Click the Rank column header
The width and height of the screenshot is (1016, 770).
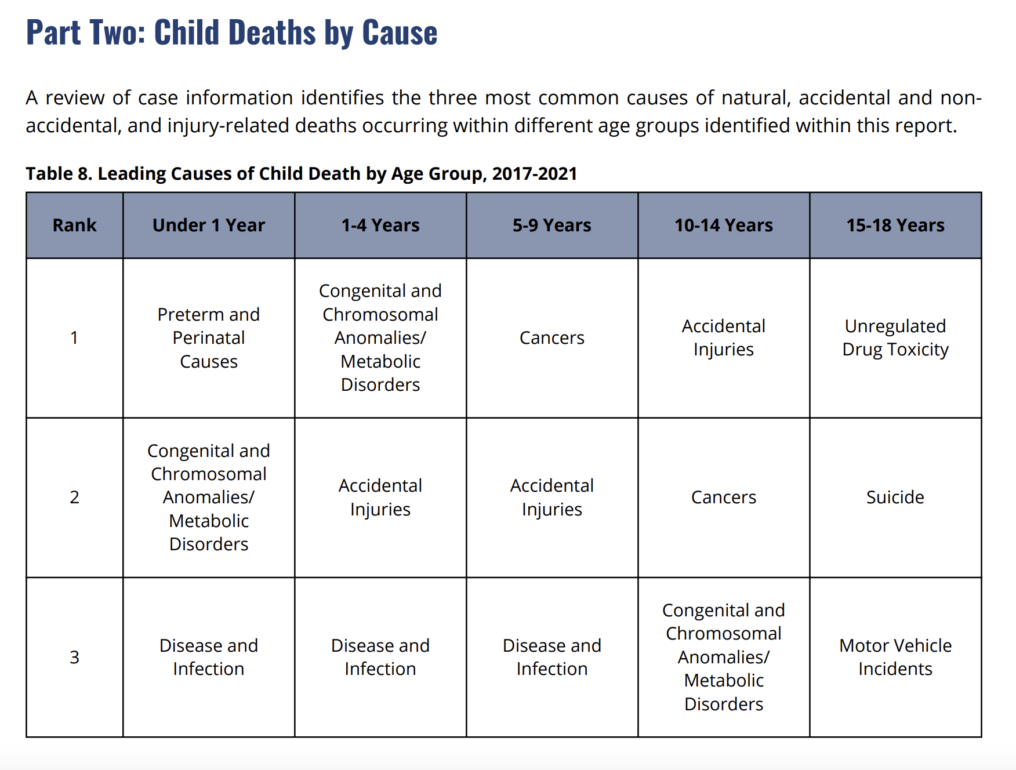click(74, 225)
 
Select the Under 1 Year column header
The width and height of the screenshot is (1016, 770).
click(209, 225)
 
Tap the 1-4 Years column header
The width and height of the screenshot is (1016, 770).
click(380, 225)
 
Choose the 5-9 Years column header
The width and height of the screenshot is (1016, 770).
click(552, 225)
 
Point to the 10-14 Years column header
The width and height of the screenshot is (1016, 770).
click(724, 225)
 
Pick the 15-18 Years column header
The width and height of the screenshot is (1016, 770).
click(895, 225)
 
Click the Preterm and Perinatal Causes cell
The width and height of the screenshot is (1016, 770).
click(209, 338)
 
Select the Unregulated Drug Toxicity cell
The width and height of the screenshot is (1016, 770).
click(895, 338)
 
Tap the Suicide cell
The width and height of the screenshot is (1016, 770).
click(895, 497)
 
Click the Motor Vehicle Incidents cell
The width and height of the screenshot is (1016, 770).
click(895, 657)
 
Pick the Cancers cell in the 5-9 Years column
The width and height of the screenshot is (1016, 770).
click(552, 338)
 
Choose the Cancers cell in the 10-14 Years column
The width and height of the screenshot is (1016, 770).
click(724, 497)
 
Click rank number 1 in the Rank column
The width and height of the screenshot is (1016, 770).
click(74, 338)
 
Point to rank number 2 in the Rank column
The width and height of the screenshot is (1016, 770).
click(74, 497)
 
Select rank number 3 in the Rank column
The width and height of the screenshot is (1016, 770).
click(74, 657)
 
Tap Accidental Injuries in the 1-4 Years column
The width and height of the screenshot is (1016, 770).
click(380, 497)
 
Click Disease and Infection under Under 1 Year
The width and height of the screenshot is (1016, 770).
click(209, 657)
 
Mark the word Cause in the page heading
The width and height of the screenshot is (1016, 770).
click(400, 32)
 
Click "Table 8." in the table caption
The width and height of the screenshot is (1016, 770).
click(59, 173)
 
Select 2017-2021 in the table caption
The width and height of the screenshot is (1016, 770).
click(535, 173)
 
